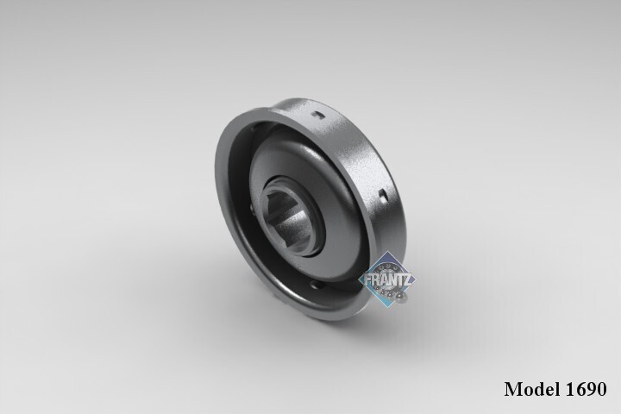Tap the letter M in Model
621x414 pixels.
[514, 389]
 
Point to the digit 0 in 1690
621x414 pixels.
[602, 389]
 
